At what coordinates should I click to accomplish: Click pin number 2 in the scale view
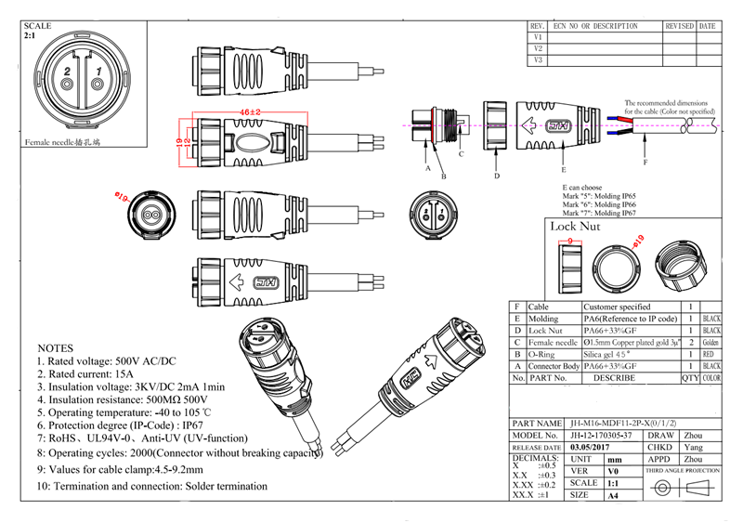pos(67,72)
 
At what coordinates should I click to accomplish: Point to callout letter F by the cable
pos(645,163)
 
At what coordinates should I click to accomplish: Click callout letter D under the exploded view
pos(497,175)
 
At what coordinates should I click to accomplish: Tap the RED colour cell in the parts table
pos(711,354)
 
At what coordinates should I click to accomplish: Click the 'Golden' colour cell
pos(711,342)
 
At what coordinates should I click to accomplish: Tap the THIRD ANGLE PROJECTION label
pos(683,471)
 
